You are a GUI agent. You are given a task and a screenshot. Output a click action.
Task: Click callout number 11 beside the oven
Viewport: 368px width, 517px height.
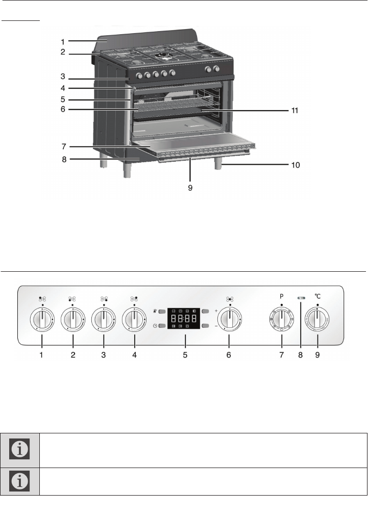[295, 111]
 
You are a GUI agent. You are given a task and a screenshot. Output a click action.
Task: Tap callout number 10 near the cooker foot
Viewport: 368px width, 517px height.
[296, 165]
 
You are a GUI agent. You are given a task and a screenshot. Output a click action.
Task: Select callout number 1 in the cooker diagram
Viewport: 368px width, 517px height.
[63, 42]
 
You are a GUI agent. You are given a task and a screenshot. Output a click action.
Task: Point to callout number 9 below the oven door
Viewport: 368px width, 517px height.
[190, 188]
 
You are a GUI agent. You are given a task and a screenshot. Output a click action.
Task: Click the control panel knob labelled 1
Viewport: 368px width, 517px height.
[42, 320]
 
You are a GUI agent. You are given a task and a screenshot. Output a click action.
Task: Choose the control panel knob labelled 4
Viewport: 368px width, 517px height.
[134, 320]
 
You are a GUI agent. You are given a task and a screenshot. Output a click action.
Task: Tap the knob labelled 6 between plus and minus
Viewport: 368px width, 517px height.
[230, 320]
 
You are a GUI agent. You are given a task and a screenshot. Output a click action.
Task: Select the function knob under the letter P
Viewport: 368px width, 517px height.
[282, 320]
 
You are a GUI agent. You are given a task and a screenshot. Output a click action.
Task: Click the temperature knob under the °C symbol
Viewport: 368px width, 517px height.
[317, 320]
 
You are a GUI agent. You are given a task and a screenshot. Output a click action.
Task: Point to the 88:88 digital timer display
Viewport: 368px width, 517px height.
[184, 319]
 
